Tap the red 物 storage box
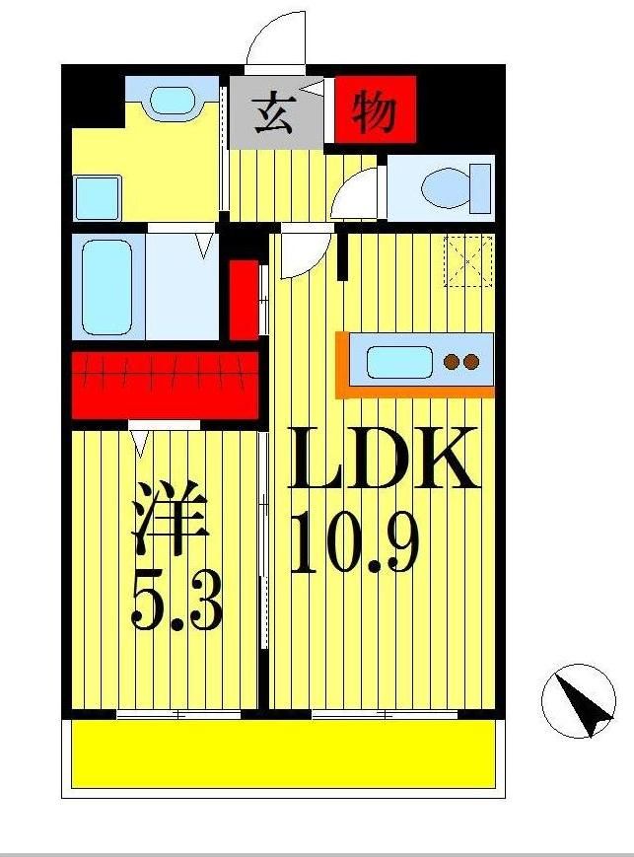coord(375,110)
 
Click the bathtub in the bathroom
coord(106,286)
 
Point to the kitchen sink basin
coord(399,361)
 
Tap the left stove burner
coord(452,362)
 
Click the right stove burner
coord(471,362)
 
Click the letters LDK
coord(383,460)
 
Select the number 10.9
coord(355,544)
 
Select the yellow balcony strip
coord(282,752)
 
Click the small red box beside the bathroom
coord(244,299)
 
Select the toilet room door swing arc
coord(355,194)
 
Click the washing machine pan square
coord(98,197)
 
